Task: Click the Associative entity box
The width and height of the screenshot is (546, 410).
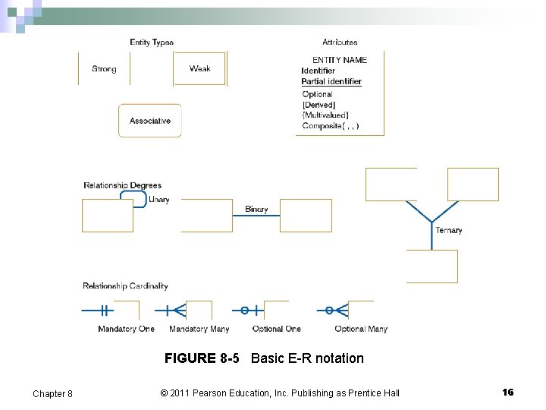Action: click(x=150, y=121)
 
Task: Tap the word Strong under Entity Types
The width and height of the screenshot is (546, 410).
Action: click(x=104, y=69)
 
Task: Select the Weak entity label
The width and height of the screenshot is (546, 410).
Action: click(x=200, y=69)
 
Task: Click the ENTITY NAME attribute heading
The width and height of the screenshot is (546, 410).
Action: click(x=340, y=60)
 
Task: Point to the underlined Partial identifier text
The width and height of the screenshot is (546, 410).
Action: click(x=331, y=81)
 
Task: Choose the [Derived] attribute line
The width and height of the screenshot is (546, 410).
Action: click(x=318, y=105)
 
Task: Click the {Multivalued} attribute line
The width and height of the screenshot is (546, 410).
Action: click(x=325, y=115)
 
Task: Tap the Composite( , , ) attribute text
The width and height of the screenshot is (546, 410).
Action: click(x=331, y=126)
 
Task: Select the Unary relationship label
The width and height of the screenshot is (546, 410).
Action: click(x=159, y=200)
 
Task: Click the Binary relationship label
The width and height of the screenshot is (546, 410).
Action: click(x=256, y=210)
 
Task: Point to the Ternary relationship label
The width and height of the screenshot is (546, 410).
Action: click(x=449, y=230)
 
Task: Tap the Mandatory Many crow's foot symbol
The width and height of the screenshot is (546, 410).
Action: click(x=175, y=311)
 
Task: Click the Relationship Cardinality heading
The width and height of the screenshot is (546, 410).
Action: click(x=125, y=286)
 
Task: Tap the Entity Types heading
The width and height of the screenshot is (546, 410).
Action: click(x=152, y=43)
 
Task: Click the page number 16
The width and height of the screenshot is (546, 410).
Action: click(x=507, y=392)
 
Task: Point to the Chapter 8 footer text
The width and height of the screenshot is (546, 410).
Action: click(x=52, y=393)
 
